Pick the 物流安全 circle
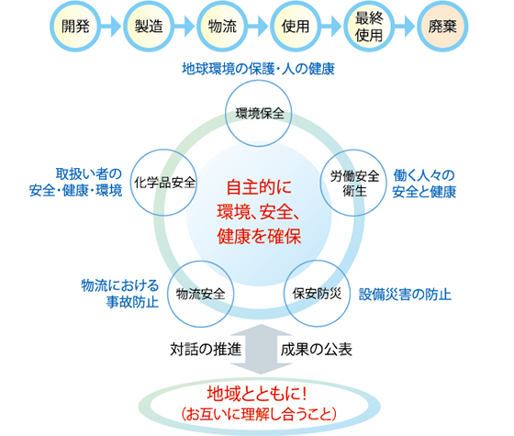tap(201, 294)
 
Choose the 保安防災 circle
tap(317, 294)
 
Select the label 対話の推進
tap(206, 349)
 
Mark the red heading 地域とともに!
tap(258, 393)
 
